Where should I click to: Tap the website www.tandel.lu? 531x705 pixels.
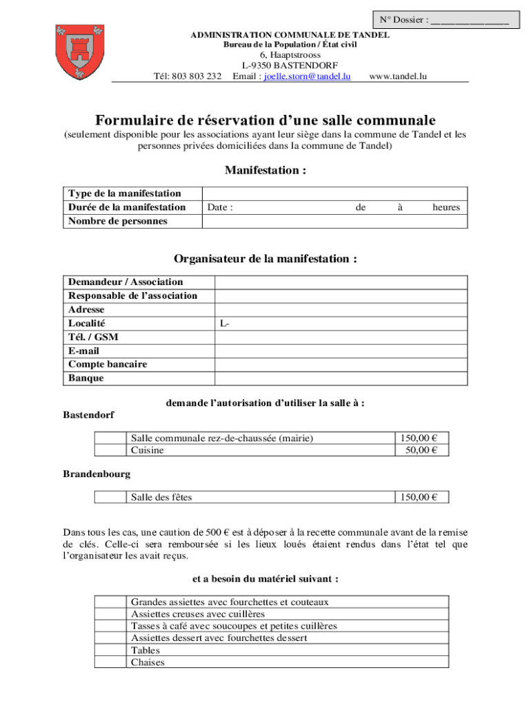pyautogui.click(x=399, y=76)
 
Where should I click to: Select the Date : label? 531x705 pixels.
pyautogui.click(x=220, y=207)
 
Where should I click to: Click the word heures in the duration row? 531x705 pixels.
pyautogui.click(x=446, y=207)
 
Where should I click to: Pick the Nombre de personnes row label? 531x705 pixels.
pyautogui.click(x=118, y=221)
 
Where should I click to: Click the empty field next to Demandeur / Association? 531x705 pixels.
pyautogui.click(x=341, y=282)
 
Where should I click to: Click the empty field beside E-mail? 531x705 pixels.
pyautogui.click(x=341, y=350)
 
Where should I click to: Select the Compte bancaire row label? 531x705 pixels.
pyautogui.click(x=108, y=364)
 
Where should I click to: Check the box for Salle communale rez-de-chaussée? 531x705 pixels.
pyautogui.click(x=110, y=438)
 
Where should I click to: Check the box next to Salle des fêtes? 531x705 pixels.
pyautogui.click(x=110, y=497)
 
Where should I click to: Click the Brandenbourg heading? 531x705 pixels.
pyautogui.click(x=97, y=474)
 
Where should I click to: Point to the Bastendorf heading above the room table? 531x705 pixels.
pyautogui.click(x=89, y=415)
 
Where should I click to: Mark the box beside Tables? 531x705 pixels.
pyautogui.click(x=110, y=650)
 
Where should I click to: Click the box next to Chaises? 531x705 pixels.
pyautogui.click(x=110, y=662)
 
